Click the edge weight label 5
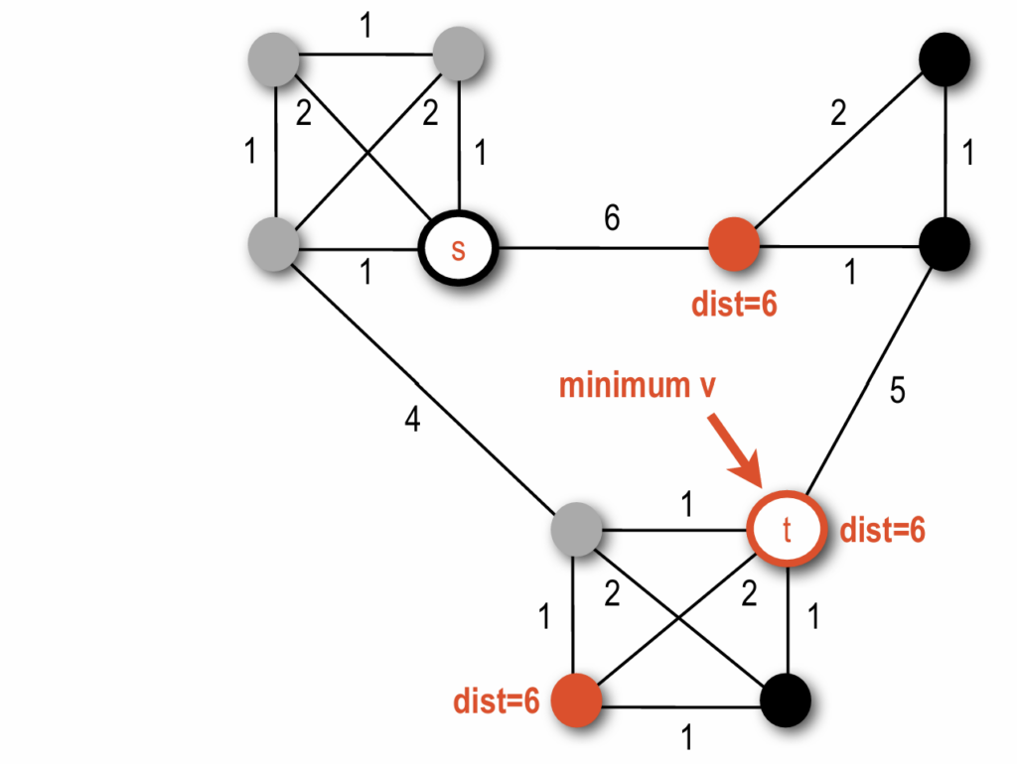897,392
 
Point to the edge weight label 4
412,420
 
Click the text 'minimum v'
637,385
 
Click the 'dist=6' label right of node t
883,532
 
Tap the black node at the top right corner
944,59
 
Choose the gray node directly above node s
458,54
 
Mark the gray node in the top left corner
275,56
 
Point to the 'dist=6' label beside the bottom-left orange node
497,702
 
